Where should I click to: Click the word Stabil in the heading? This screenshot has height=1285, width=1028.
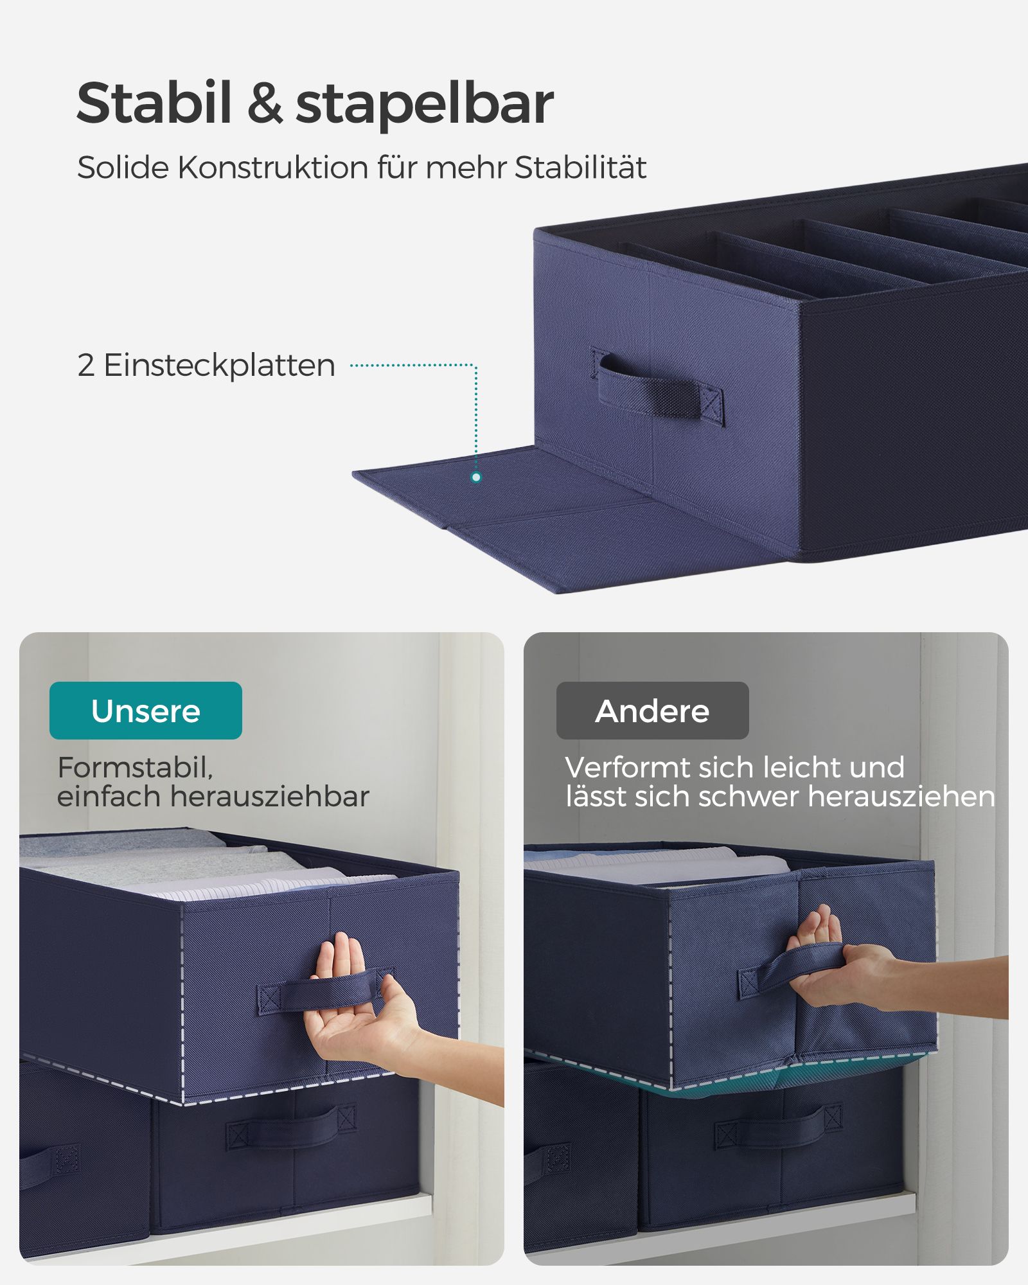(x=154, y=103)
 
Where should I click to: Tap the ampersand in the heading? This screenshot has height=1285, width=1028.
(x=264, y=103)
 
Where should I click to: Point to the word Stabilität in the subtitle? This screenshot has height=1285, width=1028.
(x=580, y=168)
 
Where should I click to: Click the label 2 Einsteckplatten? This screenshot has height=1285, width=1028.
(x=206, y=366)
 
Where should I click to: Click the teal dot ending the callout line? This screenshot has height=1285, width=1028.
(x=476, y=477)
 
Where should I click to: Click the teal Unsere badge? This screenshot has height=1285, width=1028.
(x=146, y=711)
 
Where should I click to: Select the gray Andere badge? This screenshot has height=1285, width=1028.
(x=653, y=711)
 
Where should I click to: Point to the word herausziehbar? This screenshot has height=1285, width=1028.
(x=269, y=797)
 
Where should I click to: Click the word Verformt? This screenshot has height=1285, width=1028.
(x=626, y=767)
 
